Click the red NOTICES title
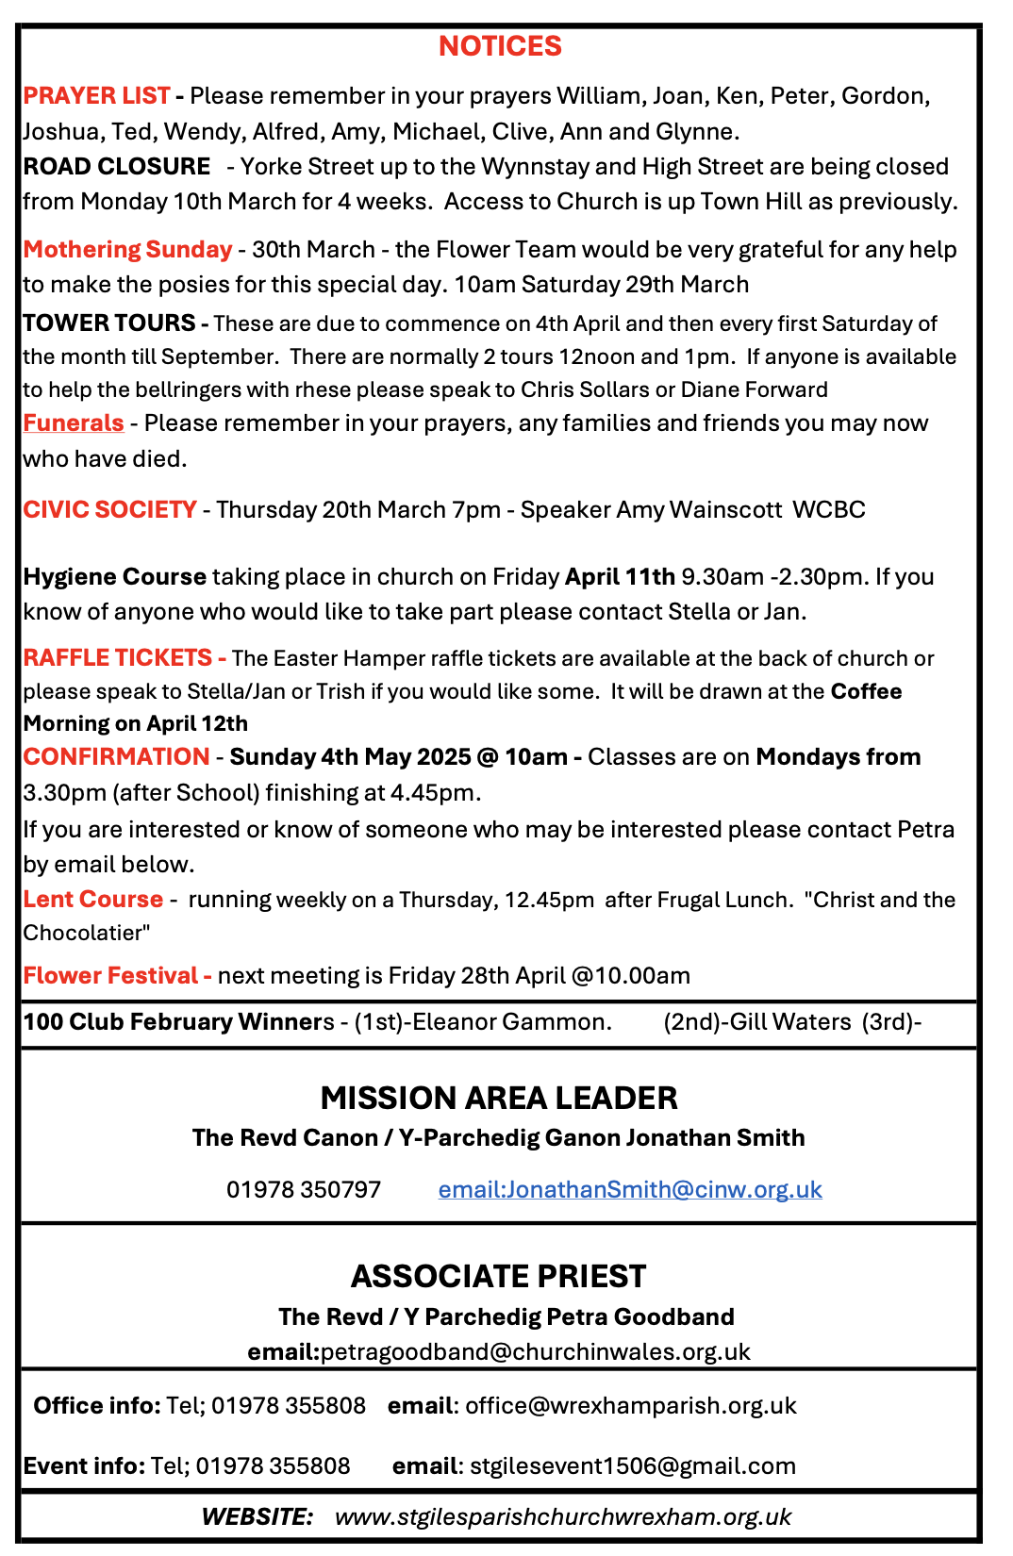pos(500,46)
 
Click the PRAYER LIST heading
pos(96,96)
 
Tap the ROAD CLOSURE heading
pos(116,167)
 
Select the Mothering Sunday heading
pos(127,250)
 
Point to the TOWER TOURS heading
pos(109,323)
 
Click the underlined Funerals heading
pos(74,423)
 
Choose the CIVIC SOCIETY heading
pos(109,510)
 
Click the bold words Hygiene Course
pos(114,577)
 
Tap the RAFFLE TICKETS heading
pos(118,658)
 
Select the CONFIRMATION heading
pos(116,757)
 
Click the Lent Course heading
pos(92,900)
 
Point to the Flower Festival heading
pos(110,976)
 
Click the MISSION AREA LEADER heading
pos(498,1099)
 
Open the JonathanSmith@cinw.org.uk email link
pos(630,1190)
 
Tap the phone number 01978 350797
pos(303,1190)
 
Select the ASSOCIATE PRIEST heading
pos(498,1277)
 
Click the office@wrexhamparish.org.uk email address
pos(630,1406)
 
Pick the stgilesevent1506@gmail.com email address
pos(632,1466)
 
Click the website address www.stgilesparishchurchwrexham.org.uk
pos(562,1517)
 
